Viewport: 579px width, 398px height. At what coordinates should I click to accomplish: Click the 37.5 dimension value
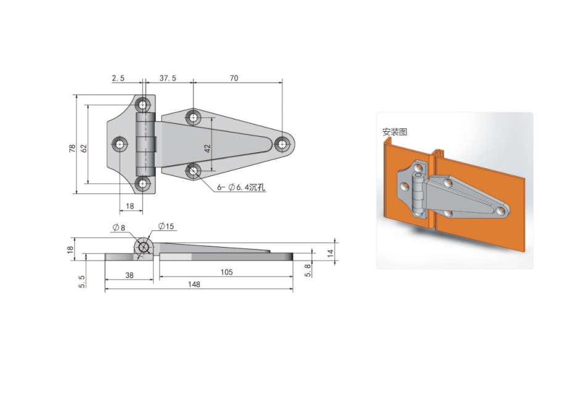click(x=168, y=78)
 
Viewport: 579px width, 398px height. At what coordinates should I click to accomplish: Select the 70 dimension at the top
click(x=234, y=78)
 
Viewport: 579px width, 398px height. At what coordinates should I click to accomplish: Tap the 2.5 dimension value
click(x=118, y=78)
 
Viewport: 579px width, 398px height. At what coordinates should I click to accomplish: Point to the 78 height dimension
click(x=72, y=148)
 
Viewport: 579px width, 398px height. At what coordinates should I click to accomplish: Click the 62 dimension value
click(x=84, y=148)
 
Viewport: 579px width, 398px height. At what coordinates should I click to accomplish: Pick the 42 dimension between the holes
click(x=208, y=148)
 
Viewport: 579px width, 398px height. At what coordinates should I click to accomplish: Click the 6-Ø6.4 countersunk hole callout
click(x=241, y=187)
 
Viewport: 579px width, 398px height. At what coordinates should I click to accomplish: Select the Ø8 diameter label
click(x=119, y=227)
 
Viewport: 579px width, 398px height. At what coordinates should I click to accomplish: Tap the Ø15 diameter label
click(x=166, y=226)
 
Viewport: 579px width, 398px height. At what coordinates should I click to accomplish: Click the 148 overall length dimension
click(x=194, y=285)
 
